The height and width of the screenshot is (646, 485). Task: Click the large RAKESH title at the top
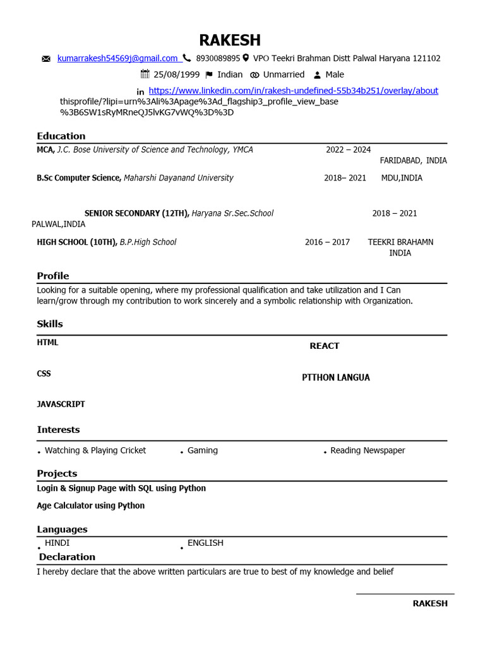230,40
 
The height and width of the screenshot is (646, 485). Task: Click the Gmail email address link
117,58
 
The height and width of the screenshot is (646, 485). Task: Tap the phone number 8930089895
218,58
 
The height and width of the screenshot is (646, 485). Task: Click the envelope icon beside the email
46,59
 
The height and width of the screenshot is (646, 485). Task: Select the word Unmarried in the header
284,74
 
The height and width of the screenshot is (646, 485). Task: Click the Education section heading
61,136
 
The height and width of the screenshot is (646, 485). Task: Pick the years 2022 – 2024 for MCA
348,150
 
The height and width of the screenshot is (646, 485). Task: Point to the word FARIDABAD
401,160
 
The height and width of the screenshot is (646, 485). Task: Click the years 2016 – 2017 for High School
327,242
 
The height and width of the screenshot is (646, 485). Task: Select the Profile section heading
53,276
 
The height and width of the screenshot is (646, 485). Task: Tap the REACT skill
324,346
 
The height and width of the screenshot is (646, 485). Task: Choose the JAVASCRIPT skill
61,404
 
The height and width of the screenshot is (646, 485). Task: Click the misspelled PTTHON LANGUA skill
336,377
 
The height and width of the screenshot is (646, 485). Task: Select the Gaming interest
203,450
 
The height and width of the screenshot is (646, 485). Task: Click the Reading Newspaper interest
368,450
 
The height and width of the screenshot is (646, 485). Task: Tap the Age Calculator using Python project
91,505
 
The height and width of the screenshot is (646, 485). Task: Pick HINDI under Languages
57,543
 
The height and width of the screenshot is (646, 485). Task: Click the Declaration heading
67,556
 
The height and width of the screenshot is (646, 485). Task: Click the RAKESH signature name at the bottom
430,603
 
